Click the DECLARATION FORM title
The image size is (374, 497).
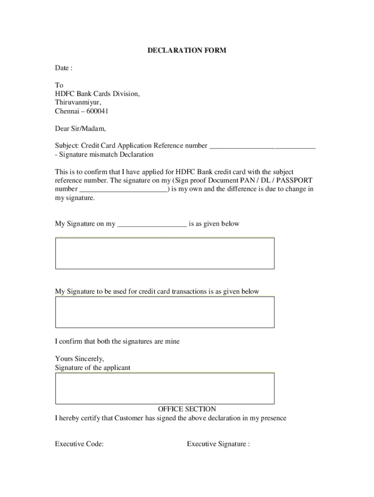[187, 50]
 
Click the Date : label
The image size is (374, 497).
[64, 68]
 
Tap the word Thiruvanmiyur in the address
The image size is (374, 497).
[78, 102]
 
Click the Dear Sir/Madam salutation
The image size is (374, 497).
[80, 129]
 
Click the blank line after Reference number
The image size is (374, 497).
[262, 146]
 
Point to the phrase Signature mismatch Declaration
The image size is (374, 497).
[106, 154]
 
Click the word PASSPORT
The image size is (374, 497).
[294, 180]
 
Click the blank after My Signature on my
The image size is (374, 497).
[152, 224]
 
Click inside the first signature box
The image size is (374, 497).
[165, 253]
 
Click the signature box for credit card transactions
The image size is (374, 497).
[165, 312]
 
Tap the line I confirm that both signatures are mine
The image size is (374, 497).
[117, 341]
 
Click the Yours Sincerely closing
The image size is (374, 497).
[79, 359]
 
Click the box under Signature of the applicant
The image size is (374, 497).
[165, 388]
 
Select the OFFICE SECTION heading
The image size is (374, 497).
[187, 409]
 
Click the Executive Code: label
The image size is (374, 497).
[79, 444]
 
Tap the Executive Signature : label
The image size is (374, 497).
[218, 444]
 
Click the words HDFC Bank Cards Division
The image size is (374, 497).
[97, 94]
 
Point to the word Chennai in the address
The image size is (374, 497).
[68, 111]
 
